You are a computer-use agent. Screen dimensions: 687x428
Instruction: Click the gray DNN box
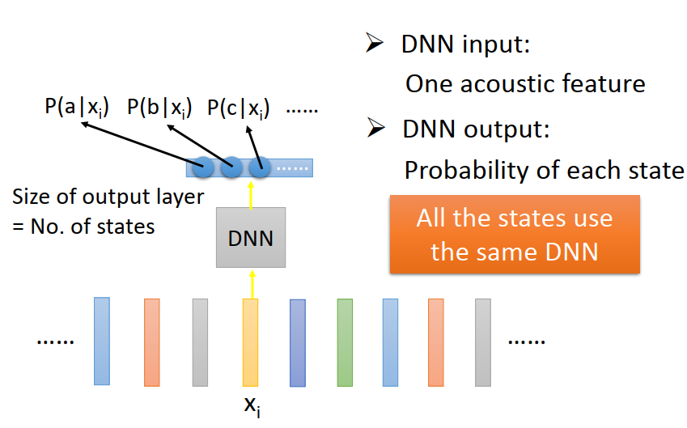[251, 237]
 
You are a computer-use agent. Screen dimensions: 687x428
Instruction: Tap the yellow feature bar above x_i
[251, 342]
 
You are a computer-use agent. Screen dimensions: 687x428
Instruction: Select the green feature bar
[345, 342]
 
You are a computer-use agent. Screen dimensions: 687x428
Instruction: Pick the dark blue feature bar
[298, 343]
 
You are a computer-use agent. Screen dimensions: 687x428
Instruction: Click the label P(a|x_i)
[77, 108]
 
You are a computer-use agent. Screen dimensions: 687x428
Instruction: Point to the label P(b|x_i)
[159, 108]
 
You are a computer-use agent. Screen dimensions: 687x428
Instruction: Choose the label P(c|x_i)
[239, 108]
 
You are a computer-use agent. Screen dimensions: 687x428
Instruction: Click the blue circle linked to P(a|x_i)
[203, 167]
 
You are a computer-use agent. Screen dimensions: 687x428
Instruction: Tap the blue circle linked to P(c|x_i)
[260, 167]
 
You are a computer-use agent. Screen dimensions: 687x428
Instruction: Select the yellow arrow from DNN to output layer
[251, 195]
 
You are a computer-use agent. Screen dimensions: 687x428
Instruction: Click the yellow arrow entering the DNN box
[252, 285]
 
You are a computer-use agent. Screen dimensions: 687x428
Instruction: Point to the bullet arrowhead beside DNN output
[376, 128]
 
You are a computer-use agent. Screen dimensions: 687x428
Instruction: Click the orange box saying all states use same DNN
[515, 235]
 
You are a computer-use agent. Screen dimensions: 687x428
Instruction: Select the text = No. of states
[83, 227]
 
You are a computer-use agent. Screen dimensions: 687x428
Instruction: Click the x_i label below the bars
[252, 406]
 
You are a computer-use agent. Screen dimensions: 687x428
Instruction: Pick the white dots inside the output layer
[293, 168]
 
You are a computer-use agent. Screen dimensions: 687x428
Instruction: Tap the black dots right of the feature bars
[527, 341]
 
